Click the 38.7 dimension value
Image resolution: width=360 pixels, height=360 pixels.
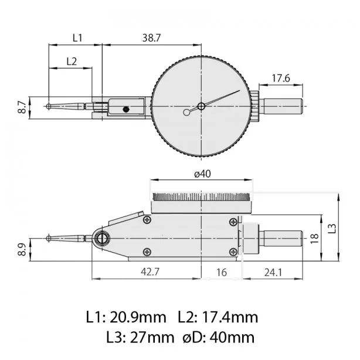(x=151, y=38)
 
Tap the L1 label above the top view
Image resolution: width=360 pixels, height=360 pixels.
(x=77, y=38)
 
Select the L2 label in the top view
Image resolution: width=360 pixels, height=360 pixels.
(x=72, y=62)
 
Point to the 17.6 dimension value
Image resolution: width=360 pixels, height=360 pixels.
(x=281, y=79)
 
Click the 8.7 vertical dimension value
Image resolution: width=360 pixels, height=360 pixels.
(x=22, y=107)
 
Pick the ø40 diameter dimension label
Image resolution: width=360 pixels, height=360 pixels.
(x=202, y=174)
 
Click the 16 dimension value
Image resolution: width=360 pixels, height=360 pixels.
(x=222, y=272)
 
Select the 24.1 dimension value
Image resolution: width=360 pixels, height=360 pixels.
(x=273, y=273)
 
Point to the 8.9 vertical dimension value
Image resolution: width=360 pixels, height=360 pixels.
(x=22, y=250)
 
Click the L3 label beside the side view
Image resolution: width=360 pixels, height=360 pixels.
(x=332, y=229)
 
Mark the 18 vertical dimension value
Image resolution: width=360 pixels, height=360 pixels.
(x=315, y=239)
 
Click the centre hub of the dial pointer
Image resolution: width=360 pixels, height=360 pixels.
(x=201, y=106)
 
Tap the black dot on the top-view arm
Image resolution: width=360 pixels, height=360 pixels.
(x=126, y=110)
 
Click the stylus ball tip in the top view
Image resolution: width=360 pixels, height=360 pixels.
(x=49, y=107)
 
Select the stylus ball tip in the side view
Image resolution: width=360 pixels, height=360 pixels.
(x=49, y=238)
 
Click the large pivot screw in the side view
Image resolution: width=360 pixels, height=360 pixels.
(x=101, y=239)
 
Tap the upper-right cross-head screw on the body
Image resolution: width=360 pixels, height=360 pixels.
(x=233, y=222)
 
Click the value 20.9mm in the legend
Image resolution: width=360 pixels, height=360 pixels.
(x=138, y=318)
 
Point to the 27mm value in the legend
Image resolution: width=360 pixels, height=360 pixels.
(x=152, y=338)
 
